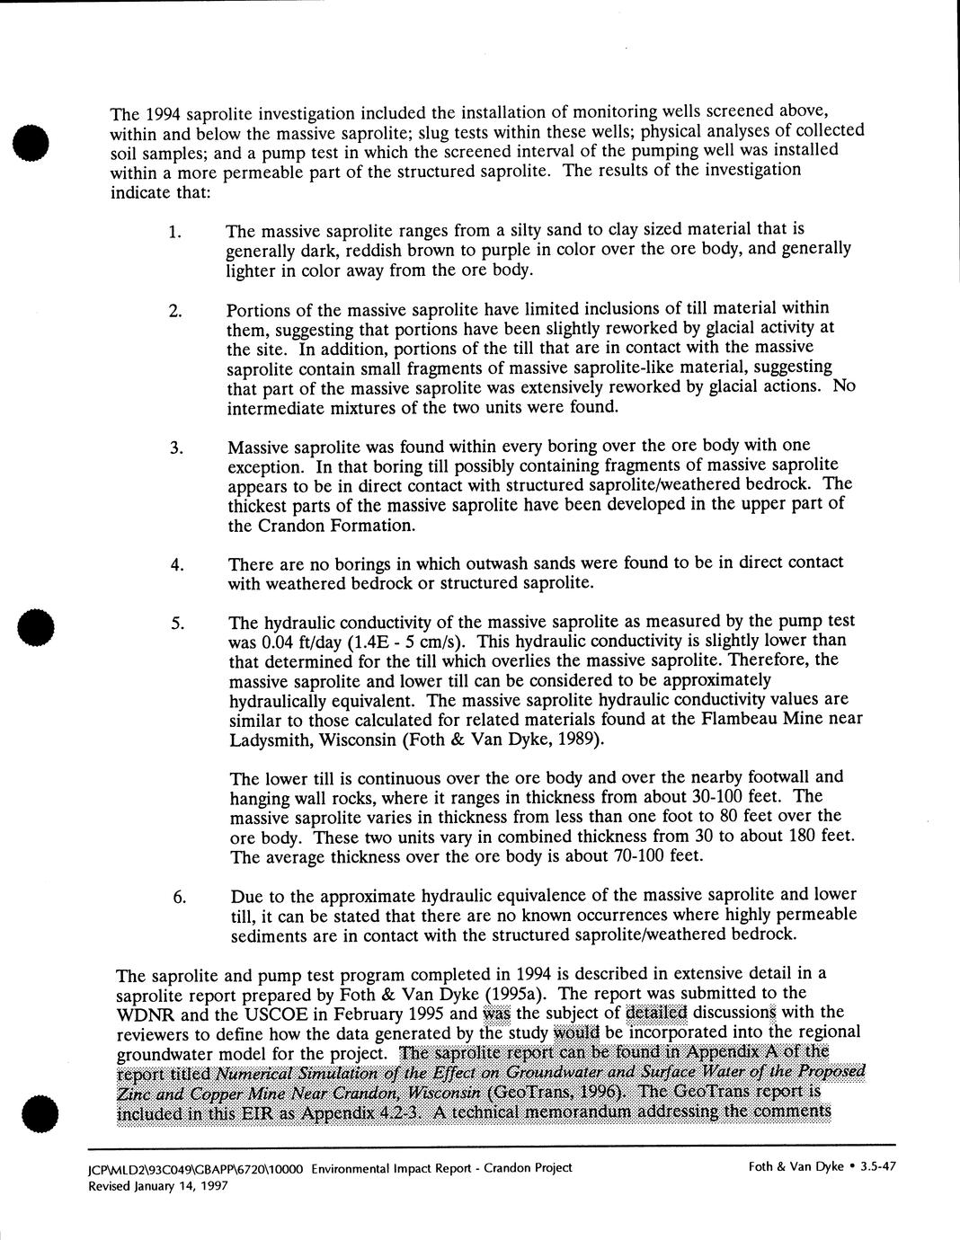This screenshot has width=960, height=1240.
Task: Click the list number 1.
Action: pos(174,232)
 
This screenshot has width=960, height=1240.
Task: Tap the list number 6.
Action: pos(180,897)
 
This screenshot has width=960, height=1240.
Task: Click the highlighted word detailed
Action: pos(655,1014)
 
